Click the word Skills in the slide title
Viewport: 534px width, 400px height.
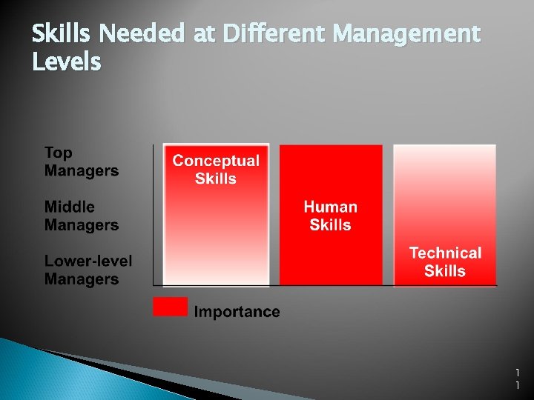(62, 34)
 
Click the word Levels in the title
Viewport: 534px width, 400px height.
(66, 62)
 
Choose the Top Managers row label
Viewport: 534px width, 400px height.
(81, 161)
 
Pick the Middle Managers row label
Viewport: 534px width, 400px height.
(81, 216)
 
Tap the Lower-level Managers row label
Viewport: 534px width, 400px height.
(88, 270)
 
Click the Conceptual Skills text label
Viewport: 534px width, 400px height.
(216, 169)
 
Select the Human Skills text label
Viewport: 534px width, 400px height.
(331, 216)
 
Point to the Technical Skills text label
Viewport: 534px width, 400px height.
(445, 261)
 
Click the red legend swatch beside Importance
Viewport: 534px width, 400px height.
(171, 307)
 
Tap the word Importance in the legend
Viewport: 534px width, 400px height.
(237, 312)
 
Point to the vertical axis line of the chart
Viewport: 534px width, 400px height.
(153, 215)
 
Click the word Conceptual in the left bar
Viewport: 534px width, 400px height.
(216, 161)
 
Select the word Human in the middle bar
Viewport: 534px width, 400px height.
(331, 207)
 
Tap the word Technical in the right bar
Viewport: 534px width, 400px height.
(445, 253)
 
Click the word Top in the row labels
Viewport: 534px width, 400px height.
(59, 153)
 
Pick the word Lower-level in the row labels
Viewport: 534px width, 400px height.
(88, 261)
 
